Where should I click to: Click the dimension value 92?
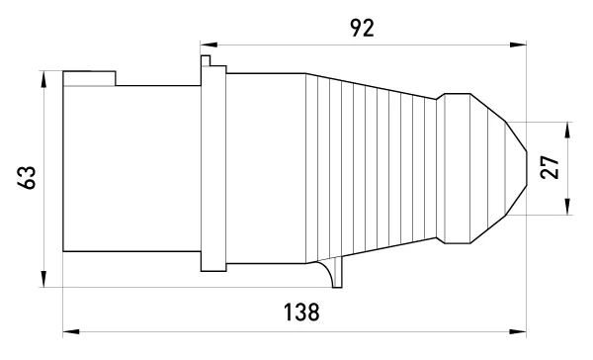(x=363, y=28)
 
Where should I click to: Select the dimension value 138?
(x=301, y=312)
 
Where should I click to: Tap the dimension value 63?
(x=27, y=177)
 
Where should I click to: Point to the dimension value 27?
(x=550, y=167)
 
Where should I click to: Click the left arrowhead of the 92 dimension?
(x=209, y=45)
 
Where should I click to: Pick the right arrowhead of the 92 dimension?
(x=518, y=45)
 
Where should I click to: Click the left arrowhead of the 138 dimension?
(x=71, y=332)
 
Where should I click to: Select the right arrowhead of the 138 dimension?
(x=518, y=332)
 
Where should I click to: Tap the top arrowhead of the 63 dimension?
(x=43, y=79)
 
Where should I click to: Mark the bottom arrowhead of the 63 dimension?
(x=43, y=279)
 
